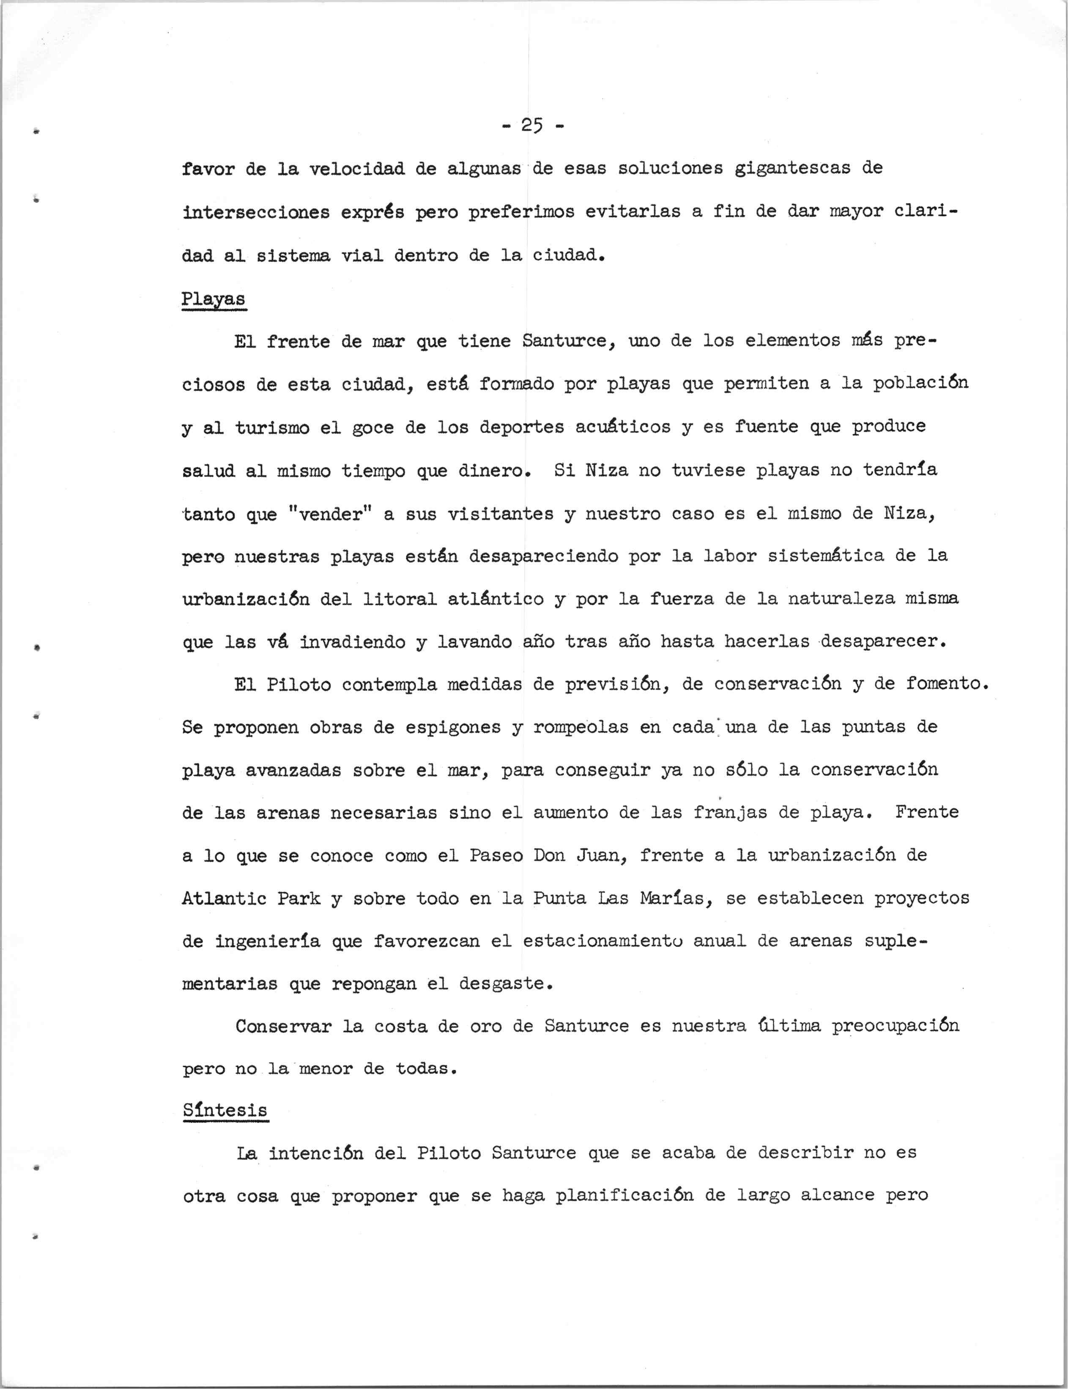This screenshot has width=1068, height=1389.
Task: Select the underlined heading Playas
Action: pyautogui.click(x=214, y=299)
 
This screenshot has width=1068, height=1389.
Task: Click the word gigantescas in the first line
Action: pyautogui.click(x=792, y=168)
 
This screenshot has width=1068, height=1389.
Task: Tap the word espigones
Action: pyautogui.click(x=448, y=727)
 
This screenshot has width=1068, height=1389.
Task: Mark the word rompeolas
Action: pyautogui.click(x=581, y=727)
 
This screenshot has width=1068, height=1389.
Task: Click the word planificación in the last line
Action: pyautogui.click(x=624, y=1196)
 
